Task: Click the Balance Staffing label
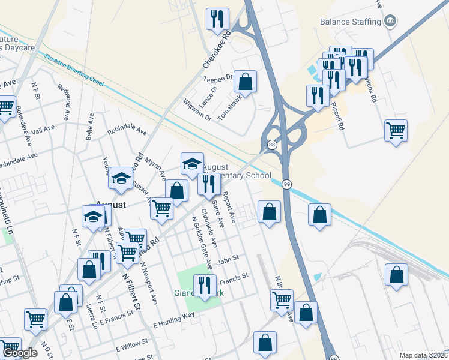click(351, 22)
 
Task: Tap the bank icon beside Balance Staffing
click(391, 22)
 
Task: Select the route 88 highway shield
click(272, 145)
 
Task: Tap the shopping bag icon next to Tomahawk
click(245, 80)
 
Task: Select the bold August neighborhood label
click(111, 205)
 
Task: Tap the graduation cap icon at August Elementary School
click(192, 163)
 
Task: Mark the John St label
click(228, 259)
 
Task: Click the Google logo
click(20, 353)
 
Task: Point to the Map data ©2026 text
click(423, 355)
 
